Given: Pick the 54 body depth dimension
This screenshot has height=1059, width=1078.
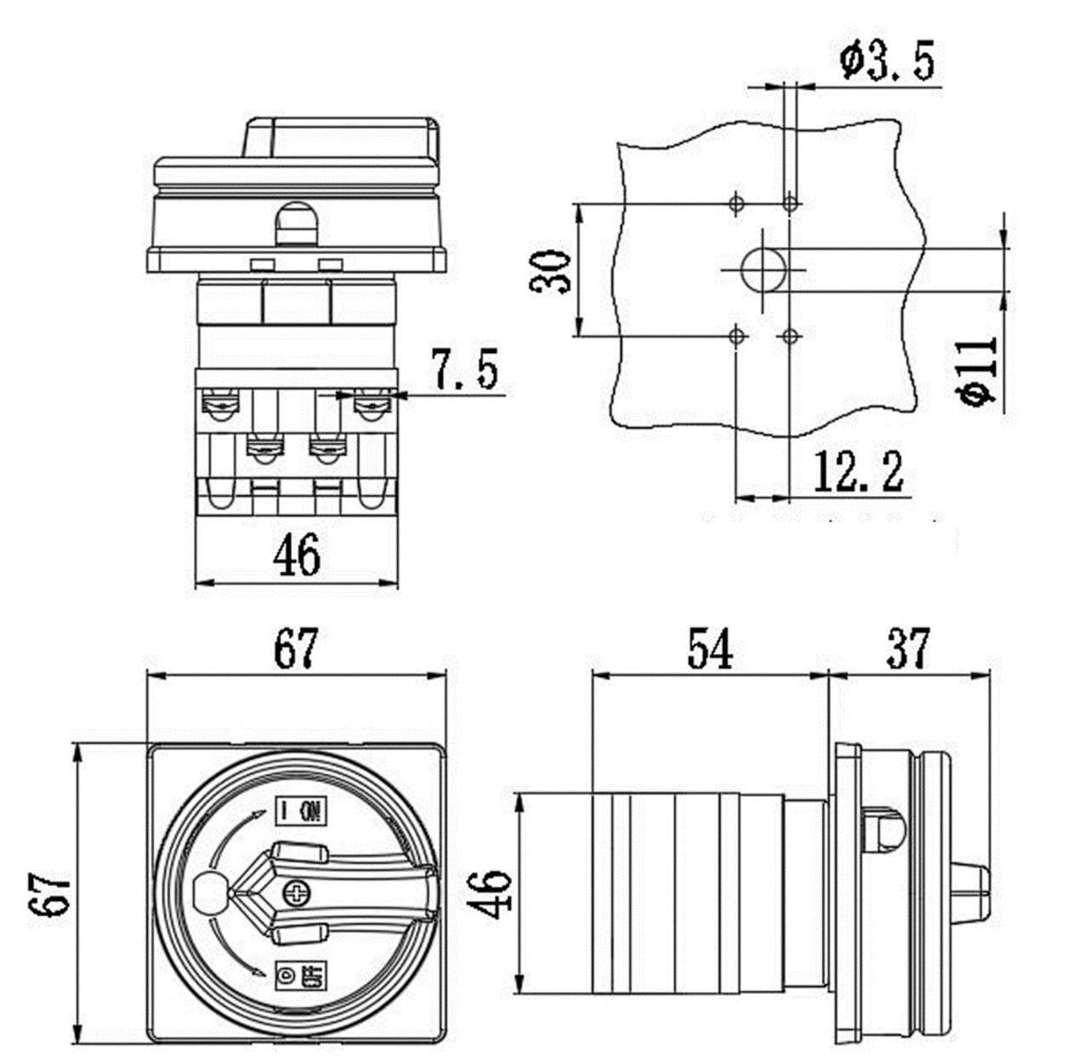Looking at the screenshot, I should coord(710,649).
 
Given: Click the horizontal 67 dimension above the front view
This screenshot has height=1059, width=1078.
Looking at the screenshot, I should coord(297,649).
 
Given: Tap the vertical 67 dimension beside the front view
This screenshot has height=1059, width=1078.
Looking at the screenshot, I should coord(53,893).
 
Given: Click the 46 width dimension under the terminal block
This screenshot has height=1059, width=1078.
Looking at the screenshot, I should coord(297,555).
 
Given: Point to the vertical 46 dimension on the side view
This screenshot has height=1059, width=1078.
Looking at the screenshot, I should coord(492,893).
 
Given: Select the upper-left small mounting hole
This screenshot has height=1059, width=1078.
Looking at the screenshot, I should coord(736,203).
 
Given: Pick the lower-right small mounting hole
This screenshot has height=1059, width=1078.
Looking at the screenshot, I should coord(791,336).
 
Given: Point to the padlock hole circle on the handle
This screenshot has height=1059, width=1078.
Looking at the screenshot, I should coord(209,891).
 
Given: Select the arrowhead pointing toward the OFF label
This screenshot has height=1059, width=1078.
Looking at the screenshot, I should coord(259,972).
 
